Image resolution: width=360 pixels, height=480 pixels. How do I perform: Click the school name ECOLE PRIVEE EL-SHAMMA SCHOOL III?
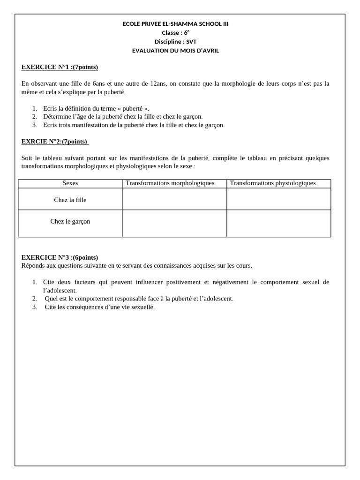coord(175,24)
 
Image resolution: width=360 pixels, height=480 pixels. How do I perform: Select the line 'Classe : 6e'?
coord(175,33)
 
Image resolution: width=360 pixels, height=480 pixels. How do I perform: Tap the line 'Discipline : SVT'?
coord(175,42)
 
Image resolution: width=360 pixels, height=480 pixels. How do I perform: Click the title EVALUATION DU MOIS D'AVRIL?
coord(175,51)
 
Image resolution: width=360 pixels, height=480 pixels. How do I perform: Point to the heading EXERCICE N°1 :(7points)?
coord(60,67)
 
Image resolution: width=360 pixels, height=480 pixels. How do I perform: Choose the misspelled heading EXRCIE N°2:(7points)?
coord(55,142)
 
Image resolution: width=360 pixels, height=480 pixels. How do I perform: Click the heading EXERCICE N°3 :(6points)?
coord(60,257)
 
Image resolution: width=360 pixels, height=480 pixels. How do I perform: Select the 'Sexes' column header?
coord(70,183)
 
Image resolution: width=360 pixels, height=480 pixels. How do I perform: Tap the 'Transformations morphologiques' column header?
coord(170,183)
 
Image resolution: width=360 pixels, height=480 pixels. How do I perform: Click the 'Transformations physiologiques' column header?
coord(273,183)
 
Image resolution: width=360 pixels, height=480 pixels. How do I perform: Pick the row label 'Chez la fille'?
coord(70,200)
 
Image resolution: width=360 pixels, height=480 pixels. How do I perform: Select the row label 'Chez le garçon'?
coord(70,222)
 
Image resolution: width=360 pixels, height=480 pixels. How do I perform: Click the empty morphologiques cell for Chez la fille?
coord(174,199)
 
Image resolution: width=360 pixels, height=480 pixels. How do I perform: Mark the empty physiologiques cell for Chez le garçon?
coord(279,224)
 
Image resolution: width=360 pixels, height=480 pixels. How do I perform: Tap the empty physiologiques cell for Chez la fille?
coord(279,199)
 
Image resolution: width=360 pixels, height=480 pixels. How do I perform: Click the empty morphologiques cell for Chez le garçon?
coord(174,224)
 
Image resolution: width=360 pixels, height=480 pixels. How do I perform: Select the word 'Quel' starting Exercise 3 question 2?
coord(51,299)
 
